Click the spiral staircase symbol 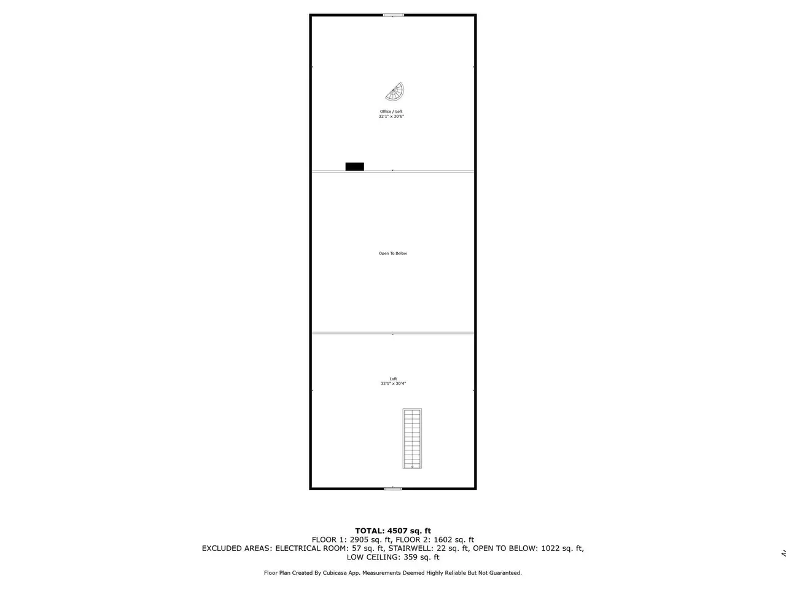click(x=395, y=92)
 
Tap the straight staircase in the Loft click(x=412, y=439)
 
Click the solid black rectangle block click(x=354, y=167)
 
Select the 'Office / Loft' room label click(x=391, y=112)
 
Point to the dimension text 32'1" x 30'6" click(x=391, y=117)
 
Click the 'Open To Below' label click(x=393, y=253)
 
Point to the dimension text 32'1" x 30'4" click(x=393, y=383)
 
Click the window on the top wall click(x=394, y=15)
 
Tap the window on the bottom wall click(x=393, y=488)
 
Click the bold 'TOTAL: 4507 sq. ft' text click(x=393, y=531)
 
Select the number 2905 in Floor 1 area click(x=359, y=540)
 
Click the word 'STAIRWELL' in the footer click(x=410, y=549)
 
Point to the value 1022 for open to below click(x=550, y=549)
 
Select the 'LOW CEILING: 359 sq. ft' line click(x=393, y=557)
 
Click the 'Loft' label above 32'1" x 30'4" click(x=393, y=379)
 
